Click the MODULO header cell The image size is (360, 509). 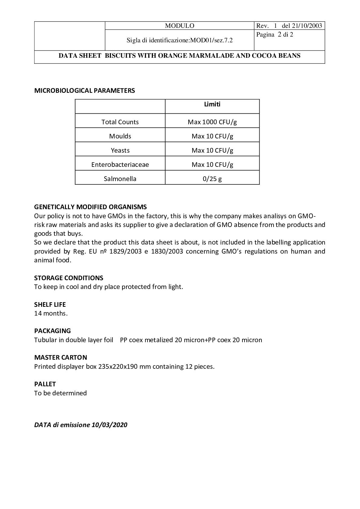[180, 26]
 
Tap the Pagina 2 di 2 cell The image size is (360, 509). [275, 35]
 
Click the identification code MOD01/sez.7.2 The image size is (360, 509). [211, 40]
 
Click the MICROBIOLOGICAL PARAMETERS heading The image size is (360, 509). [85, 91]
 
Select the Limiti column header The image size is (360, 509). [212, 104]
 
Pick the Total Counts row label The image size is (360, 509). [120, 122]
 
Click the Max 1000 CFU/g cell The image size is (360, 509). [212, 122]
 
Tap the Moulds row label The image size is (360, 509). [120, 136]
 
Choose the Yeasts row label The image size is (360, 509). [120, 150]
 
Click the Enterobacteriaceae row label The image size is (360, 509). [120, 164]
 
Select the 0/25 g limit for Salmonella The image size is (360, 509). [212, 179]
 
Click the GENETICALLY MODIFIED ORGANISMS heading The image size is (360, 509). [90, 207]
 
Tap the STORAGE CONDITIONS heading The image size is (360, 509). [69, 278]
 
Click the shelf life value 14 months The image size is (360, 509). [51, 313]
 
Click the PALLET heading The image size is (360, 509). [45, 384]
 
